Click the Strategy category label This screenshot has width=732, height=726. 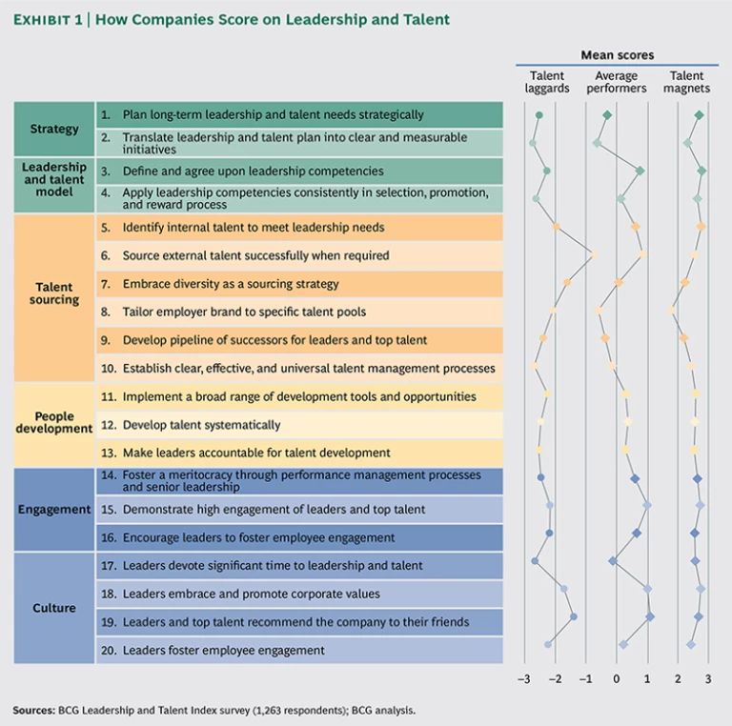point(54,129)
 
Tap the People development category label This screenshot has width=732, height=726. point(54,423)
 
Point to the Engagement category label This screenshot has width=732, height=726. point(54,510)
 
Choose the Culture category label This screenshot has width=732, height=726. point(54,608)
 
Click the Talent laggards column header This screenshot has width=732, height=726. point(547,82)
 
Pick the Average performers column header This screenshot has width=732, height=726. point(617,82)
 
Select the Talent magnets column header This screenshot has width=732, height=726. point(687,82)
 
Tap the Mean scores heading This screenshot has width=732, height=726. point(617,55)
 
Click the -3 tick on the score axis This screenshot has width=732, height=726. point(523,679)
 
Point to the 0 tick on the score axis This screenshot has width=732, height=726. point(617,679)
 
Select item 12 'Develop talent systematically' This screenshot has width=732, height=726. point(201,425)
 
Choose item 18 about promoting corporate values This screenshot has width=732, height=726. point(251,594)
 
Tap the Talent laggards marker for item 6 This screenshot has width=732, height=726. point(594,255)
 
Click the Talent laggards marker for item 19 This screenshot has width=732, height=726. point(574,616)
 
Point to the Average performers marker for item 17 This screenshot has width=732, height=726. point(613,561)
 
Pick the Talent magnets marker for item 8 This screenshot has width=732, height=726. point(672,310)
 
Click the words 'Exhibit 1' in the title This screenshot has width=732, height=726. point(49,20)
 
